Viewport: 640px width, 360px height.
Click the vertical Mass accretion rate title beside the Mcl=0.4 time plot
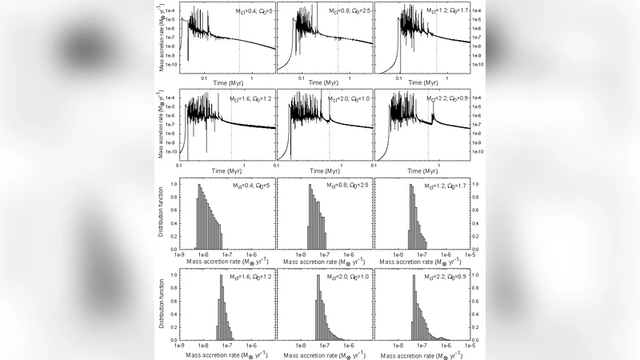(x=162, y=40)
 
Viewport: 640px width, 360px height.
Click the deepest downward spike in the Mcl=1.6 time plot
(x=206, y=149)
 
